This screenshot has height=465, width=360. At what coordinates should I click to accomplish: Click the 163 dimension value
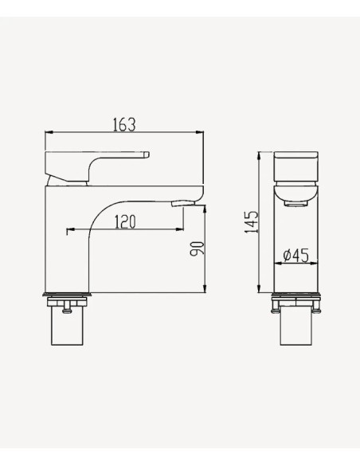click(124, 124)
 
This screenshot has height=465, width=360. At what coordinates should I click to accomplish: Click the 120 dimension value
click(125, 222)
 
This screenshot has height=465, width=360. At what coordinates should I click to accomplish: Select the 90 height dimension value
click(198, 248)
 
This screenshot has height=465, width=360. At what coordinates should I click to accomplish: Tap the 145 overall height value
click(252, 222)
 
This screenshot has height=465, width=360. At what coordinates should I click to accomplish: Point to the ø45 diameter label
click(296, 256)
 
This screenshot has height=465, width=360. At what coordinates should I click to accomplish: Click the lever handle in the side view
click(96, 167)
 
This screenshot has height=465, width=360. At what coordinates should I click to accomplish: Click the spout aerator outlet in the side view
click(183, 203)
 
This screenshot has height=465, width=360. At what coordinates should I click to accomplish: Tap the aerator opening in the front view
click(295, 204)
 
